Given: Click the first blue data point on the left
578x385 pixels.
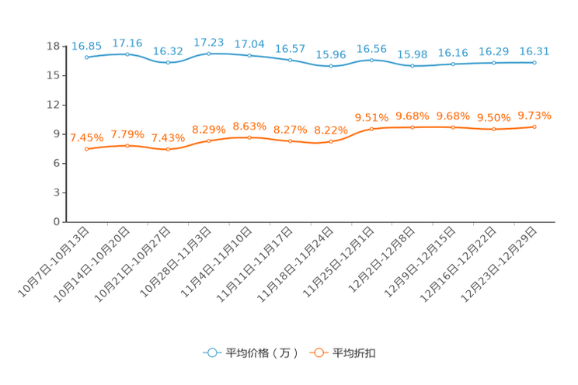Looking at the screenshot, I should coord(86,57).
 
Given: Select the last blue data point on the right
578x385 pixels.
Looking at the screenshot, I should coord(534,62).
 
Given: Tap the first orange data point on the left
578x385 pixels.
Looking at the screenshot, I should coord(86,149).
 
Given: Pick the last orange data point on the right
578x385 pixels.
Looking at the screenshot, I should coord(534,127).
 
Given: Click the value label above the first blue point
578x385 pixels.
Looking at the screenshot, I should coord(86,46).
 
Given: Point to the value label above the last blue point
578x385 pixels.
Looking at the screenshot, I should coord(534,51).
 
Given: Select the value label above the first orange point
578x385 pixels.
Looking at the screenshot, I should coord(86,138).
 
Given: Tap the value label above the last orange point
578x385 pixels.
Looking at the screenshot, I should coord(534,116).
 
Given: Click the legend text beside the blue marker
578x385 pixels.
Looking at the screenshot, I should coord(262,353).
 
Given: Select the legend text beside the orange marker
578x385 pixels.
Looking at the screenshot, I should coord(355,353).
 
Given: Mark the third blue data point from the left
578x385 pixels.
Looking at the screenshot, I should coord(168,62).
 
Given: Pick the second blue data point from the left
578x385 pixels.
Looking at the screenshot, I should coord(127,54).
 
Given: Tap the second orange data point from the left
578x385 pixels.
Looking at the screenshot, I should coord(127,145).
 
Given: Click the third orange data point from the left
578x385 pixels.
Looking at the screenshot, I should coord(168,149).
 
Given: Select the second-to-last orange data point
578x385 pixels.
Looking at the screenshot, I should coord(493,129).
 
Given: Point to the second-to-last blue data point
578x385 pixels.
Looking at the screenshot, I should coord(493,62).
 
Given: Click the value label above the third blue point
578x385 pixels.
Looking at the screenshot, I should coord(168,51).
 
